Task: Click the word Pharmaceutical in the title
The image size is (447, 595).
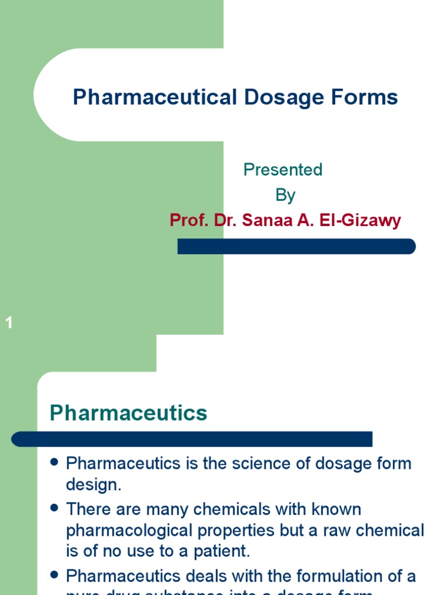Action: tap(152, 97)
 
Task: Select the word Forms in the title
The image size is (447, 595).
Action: tap(363, 97)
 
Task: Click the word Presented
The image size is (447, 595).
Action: tap(283, 170)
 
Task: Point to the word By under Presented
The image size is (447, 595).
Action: tap(285, 195)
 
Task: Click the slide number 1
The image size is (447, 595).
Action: tap(9, 323)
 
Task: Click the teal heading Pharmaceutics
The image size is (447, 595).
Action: tap(128, 413)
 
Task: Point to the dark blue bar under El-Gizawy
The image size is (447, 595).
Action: tap(296, 246)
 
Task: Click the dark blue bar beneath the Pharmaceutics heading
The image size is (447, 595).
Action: tap(192, 439)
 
